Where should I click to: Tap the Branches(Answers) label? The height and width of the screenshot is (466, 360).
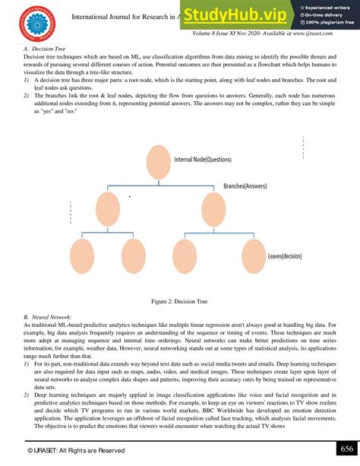pos(250,185)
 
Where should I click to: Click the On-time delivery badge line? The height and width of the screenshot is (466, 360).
pos(324,15)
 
